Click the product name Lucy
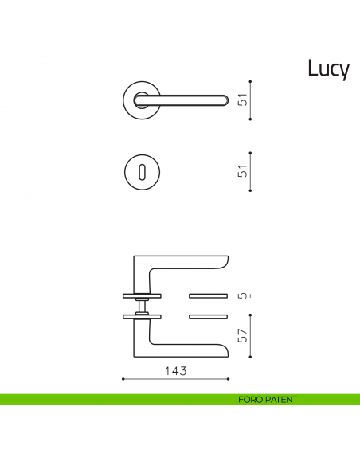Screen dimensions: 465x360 pyautogui.click(x=328, y=70)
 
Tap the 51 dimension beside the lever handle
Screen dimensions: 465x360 pyautogui.click(x=245, y=100)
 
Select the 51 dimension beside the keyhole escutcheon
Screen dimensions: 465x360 pyautogui.click(x=245, y=170)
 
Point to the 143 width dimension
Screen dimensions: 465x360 pyautogui.click(x=175, y=370)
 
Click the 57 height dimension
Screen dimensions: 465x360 pyautogui.click(x=245, y=336)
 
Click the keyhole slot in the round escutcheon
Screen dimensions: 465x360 pyautogui.click(x=143, y=172)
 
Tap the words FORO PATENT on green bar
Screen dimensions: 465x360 pyautogui.click(x=268, y=400)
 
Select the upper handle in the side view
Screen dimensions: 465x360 pyautogui.click(x=183, y=264)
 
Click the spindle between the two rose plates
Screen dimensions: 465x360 pyautogui.click(x=142, y=306)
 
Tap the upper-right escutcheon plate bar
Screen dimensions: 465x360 pyautogui.click(x=209, y=295)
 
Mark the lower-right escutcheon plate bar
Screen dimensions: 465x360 pyautogui.click(x=209, y=317)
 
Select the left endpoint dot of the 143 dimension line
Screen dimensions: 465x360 pyautogui.click(x=122, y=379)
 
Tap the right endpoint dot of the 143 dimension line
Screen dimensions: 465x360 pyautogui.click(x=229, y=379)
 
